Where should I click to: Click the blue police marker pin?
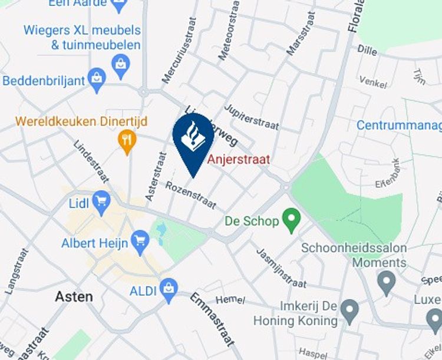pos(193,140)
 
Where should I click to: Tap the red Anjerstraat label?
pos(238,159)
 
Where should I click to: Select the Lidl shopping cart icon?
pos(101,203)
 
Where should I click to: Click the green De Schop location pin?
pos(290,221)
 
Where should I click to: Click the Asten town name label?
pos(74,296)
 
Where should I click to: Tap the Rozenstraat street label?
pos(190,195)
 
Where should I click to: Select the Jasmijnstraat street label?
pos(281,267)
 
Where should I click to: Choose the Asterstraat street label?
pos(156,176)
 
